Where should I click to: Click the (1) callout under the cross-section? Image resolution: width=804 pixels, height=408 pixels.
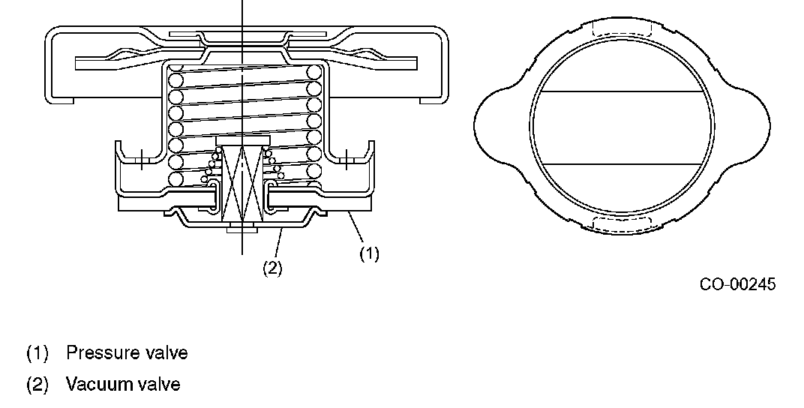[x=369, y=254]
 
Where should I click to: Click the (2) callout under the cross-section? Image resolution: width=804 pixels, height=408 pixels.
[x=271, y=268]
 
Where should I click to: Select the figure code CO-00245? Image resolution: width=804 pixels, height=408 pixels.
[x=738, y=284]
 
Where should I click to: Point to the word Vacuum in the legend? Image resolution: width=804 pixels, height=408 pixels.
[x=94, y=385]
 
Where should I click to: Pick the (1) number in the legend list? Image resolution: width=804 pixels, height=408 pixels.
[x=37, y=352]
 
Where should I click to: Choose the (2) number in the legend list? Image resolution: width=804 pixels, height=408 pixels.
[x=37, y=385]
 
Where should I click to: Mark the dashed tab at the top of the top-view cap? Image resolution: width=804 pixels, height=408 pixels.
[x=622, y=30]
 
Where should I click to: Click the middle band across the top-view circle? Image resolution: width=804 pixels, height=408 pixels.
[x=622, y=127]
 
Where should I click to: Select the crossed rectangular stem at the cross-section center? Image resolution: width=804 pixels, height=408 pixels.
[x=241, y=184]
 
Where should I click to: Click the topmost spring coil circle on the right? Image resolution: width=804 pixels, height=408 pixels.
[x=313, y=73]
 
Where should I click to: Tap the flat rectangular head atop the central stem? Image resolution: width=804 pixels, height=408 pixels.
[x=241, y=141]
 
